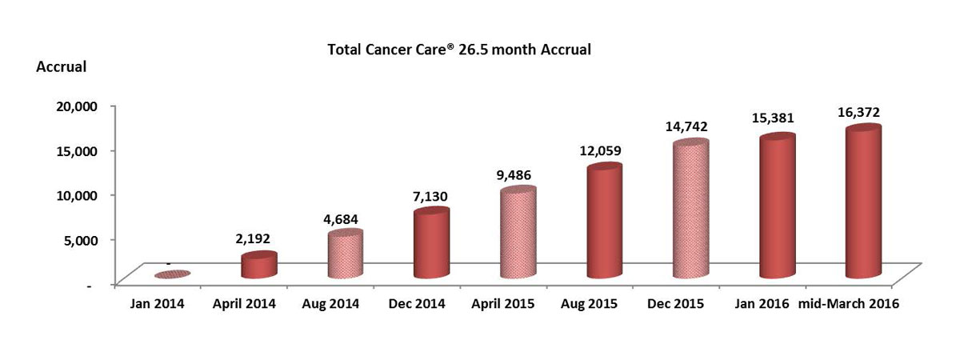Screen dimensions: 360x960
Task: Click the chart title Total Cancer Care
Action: click(x=459, y=50)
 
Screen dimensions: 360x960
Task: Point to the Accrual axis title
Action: click(x=62, y=67)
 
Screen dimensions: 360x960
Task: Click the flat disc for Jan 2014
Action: click(x=173, y=274)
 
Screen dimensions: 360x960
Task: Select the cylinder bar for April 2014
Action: click(x=258, y=266)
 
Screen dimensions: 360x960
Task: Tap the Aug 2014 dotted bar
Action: click(x=345, y=254)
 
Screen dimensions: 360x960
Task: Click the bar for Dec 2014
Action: click(x=430, y=244)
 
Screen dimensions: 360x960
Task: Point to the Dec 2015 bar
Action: click(x=689, y=210)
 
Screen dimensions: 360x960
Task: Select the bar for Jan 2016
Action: click(x=775, y=207)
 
